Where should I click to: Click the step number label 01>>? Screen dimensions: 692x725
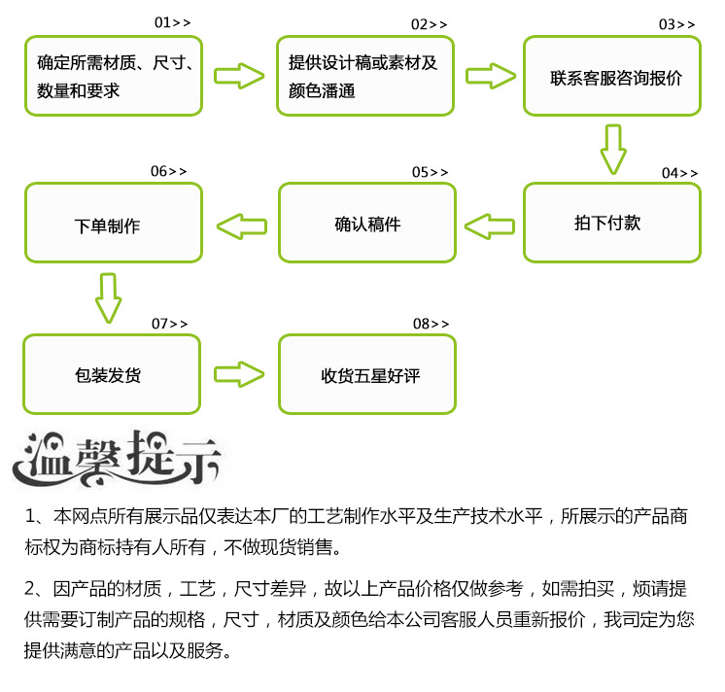click(172, 21)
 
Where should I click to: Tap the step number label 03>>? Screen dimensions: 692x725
click(677, 24)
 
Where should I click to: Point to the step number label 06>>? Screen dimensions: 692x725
click(168, 171)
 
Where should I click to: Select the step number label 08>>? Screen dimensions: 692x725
click(431, 323)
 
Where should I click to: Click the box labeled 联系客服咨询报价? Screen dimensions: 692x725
click(612, 77)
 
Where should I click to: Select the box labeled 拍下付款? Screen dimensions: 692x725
click(612, 223)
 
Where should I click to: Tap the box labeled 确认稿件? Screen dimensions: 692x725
click(367, 224)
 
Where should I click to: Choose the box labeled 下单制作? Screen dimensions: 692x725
click(113, 224)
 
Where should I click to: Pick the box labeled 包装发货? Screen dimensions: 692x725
click(112, 374)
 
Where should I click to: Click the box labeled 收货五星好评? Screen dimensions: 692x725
click(367, 375)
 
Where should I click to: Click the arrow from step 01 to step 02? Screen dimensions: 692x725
click(239, 76)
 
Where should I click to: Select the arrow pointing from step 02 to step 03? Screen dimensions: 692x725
click(490, 76)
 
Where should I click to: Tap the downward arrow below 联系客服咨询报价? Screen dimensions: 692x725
click(612, 148)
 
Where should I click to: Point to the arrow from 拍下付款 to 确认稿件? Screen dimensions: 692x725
click(489, 226)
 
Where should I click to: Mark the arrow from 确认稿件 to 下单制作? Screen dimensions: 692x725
click(240, 226)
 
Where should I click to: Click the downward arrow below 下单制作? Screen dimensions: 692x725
click(108, 297)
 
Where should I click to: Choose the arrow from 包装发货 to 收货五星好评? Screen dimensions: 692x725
click(239, 374)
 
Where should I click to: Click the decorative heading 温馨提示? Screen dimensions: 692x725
click(117, 456)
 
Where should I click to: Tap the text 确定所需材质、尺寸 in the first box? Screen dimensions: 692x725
click(116, 63)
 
